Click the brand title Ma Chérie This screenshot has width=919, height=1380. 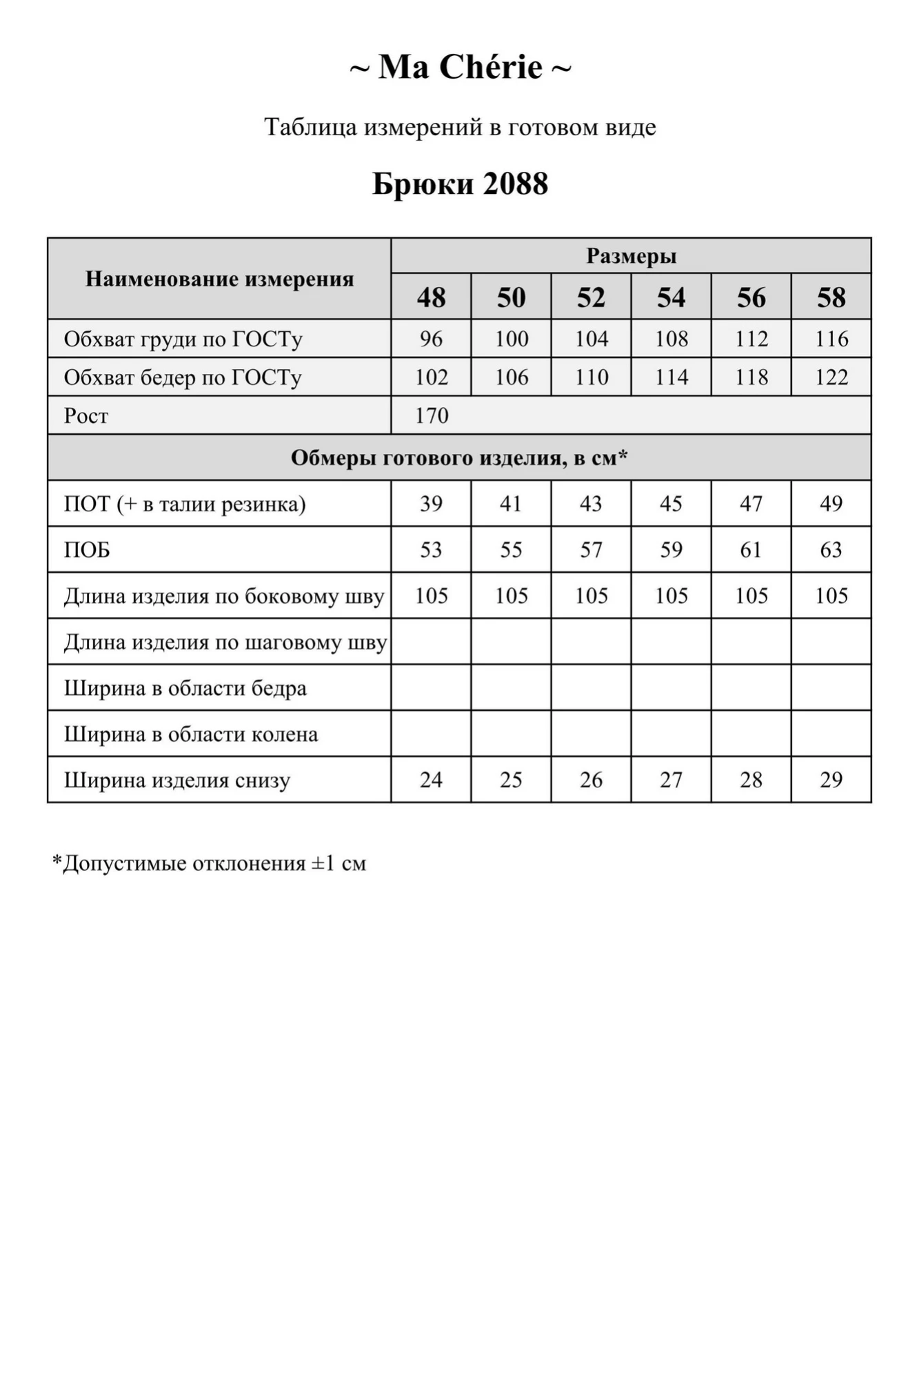(460, 68)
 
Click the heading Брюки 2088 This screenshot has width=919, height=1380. (460, 184)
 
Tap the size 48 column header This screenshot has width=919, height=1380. (431, 297)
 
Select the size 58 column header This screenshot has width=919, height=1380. (831, 297)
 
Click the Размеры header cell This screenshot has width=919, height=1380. (631, 256)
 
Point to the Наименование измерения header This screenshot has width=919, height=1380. (219, 279)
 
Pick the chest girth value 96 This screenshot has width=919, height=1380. (431, 339)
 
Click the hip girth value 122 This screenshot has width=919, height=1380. (831, 377)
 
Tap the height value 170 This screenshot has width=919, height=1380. (432, 415)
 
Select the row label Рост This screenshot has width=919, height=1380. (86, 416)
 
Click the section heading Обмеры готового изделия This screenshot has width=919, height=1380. (459, 457)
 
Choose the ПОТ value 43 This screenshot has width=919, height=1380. (591, 504)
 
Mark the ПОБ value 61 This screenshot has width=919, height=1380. (751, 550)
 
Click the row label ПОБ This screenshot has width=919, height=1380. (87, 550)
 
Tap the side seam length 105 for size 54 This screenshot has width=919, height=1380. (671, 595)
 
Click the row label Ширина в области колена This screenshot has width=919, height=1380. (191, 734)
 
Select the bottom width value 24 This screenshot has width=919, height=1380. (431, 780)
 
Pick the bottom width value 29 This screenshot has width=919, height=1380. (831, 780)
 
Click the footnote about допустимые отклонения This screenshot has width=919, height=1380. (210, 863)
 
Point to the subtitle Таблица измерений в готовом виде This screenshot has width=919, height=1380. (460, 127)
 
